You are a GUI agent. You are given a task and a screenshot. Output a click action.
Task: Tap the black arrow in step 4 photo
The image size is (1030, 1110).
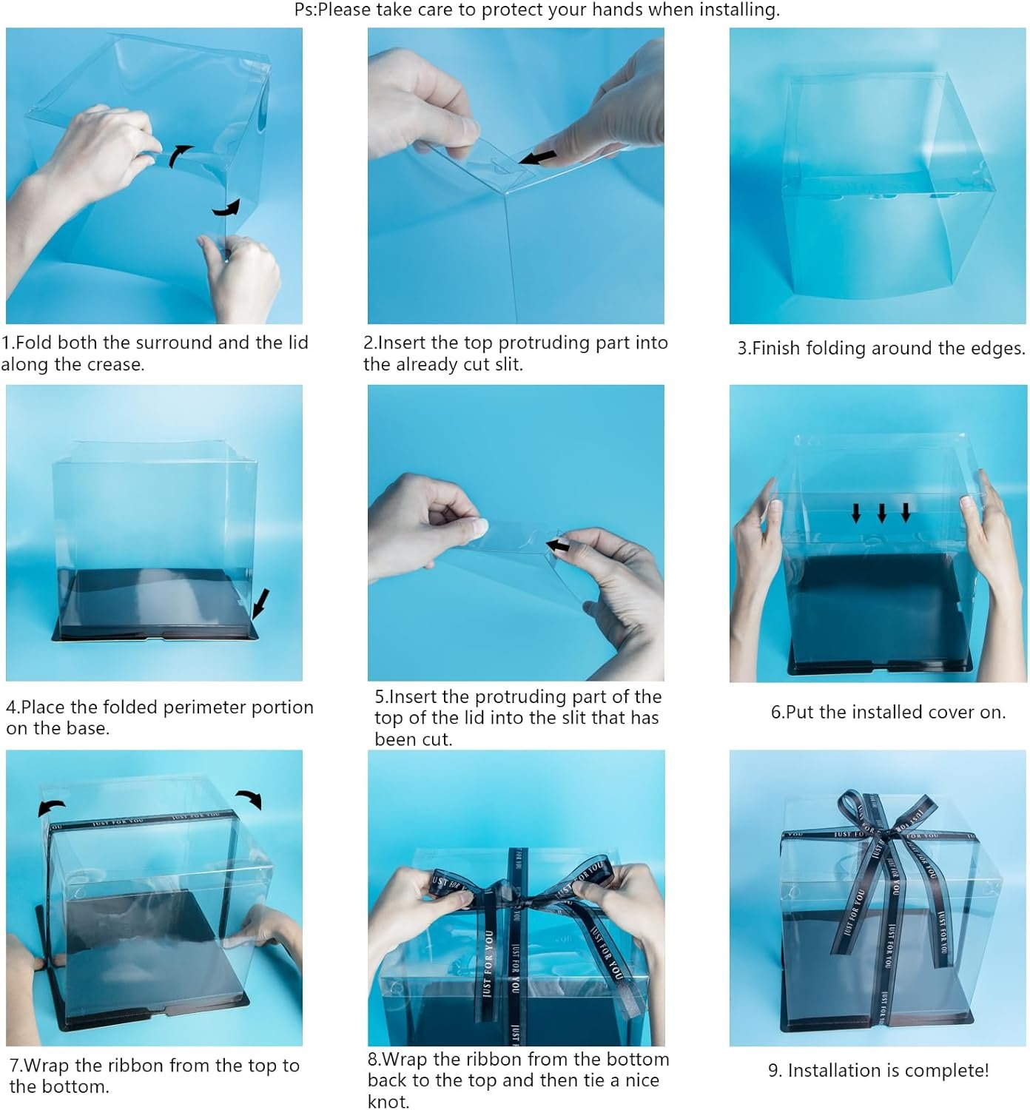pyautogui.click(x=260, y=604)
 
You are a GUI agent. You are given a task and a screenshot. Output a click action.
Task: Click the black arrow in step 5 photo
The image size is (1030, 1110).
pyautogui.click(x=558, y=546)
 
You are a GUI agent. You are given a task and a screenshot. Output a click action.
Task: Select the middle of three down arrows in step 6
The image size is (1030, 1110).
pyautogui.click(x=881, y=512)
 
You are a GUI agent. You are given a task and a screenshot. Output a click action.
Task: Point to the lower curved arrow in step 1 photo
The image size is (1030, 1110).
pyautogui.click(x=227, y=208)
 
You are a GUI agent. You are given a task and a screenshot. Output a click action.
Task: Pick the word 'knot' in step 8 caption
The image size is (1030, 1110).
pyautogui.click(x=387, y=1101)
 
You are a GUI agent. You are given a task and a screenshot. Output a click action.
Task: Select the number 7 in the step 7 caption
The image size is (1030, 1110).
pyautogui.click(x=14, y=1066)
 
